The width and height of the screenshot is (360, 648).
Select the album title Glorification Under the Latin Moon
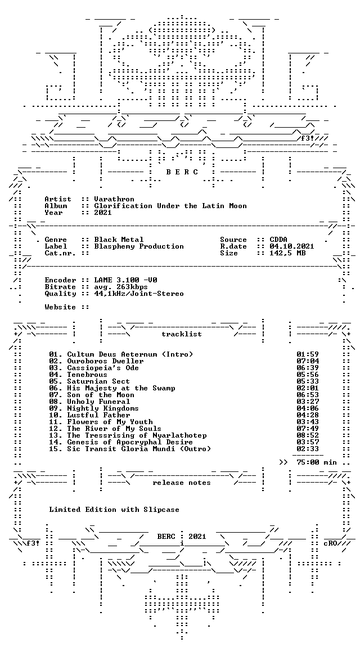coord(170,206)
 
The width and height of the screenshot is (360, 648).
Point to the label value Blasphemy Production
coord(139,246)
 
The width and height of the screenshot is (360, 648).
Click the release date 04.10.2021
coord(292,246)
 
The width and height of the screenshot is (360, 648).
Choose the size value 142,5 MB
coord(287,253)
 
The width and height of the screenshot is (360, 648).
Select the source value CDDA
coord(278,240)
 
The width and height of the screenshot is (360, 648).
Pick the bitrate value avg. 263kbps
coord(121,287)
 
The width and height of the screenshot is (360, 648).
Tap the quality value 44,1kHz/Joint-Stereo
coord(139,294)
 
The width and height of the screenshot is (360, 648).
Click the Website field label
coord(60,307)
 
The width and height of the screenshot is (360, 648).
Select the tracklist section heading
coord(182,334)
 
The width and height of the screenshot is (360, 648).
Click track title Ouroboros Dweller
coord(105,361)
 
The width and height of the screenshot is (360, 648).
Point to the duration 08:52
coord(308,435)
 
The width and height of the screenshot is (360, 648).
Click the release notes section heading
coord(182,483)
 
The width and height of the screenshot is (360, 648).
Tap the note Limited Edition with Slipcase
coord(114,510)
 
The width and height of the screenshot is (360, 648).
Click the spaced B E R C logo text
coord(182,172)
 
